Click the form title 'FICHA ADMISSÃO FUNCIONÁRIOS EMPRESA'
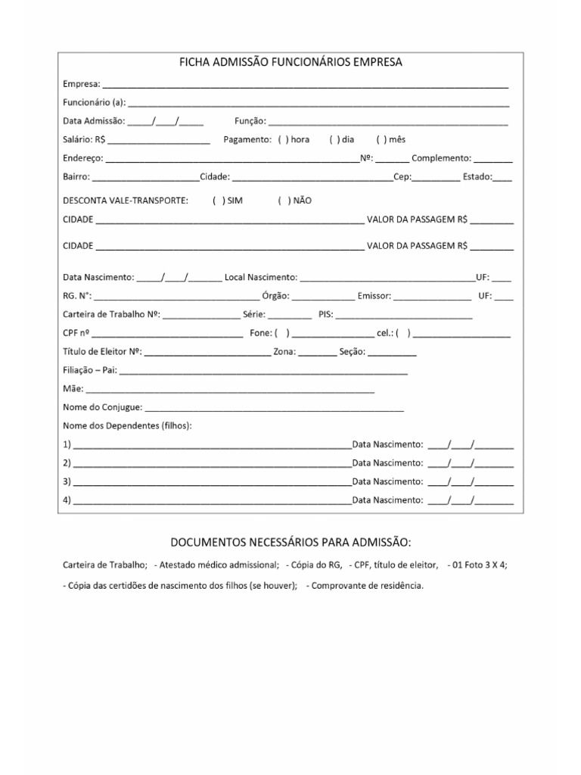(x=290, y=63)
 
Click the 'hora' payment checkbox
(x=282, y=140)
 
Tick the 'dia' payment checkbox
(x=334, y=140)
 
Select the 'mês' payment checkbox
(x=380, y=140)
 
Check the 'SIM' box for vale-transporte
(x=218, y=201)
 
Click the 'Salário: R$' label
(x=84, y=140)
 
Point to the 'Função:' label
(x=250, y=121)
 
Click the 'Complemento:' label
(x=441, y=159)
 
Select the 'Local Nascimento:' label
(x=260, y=278)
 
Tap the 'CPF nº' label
(x=76, y=333)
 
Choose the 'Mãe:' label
(x=73, y=389)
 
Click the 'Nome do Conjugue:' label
(x=102, y=408)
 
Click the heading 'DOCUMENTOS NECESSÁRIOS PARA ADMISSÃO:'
(x=290, y=543)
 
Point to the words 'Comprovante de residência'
(x=367, y=586)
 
